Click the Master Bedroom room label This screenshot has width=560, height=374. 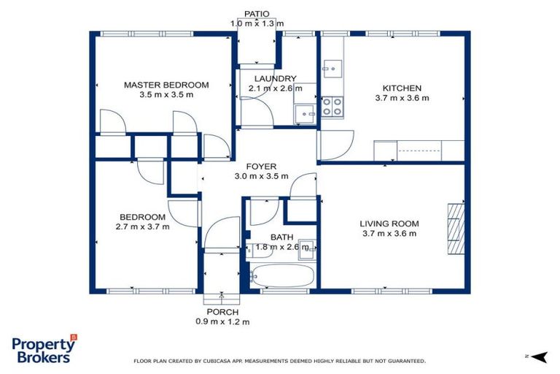point(166,85)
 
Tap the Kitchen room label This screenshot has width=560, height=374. point(398,88)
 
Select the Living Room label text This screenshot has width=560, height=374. point(389,224)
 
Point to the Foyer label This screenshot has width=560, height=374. point(260,167)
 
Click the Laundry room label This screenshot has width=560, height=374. point(275,79)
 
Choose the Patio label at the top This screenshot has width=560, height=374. point(256,14)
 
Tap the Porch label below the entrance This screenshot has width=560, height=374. point(222,312)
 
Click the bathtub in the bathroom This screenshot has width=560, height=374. point(281,277)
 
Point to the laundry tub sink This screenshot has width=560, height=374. point(305,114)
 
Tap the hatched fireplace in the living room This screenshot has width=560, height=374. point(455,229)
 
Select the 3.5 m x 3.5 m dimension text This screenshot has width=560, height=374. point(166,94)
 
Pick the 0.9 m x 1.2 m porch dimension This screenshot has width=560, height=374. point(222,321)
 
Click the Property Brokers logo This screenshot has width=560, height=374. point(43,349)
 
